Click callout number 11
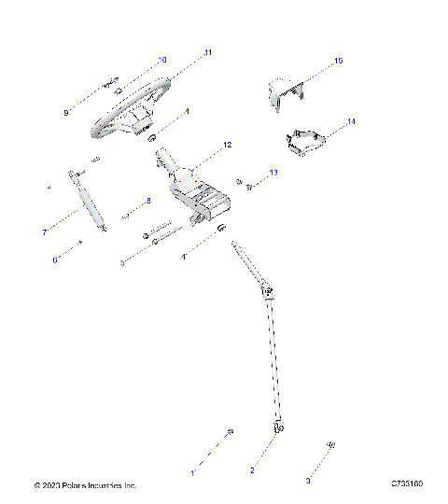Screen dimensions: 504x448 click(x=208, y=52)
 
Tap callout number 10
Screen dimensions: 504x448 click(x=162, y=60)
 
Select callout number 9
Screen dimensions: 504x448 click(x=66, y=112)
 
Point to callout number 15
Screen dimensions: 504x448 click(x=338, y=61)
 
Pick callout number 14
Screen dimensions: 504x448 click(x=351, y=122)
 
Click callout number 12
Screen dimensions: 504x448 click(x=227, y=147)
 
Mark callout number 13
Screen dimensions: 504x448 click(x=273, y=173)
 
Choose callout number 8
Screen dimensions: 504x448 click(x=147, y=201)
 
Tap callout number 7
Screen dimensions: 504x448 click(x=44, y=231)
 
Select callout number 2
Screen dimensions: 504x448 click(x=251, y=470)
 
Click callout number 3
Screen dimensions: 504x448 click(x=308, y=481)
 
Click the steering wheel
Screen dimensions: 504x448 click(x=131, y=113)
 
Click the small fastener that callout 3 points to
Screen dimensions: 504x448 click(x=330, y=444)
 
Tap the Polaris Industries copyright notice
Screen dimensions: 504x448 click(x=85, y=485)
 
